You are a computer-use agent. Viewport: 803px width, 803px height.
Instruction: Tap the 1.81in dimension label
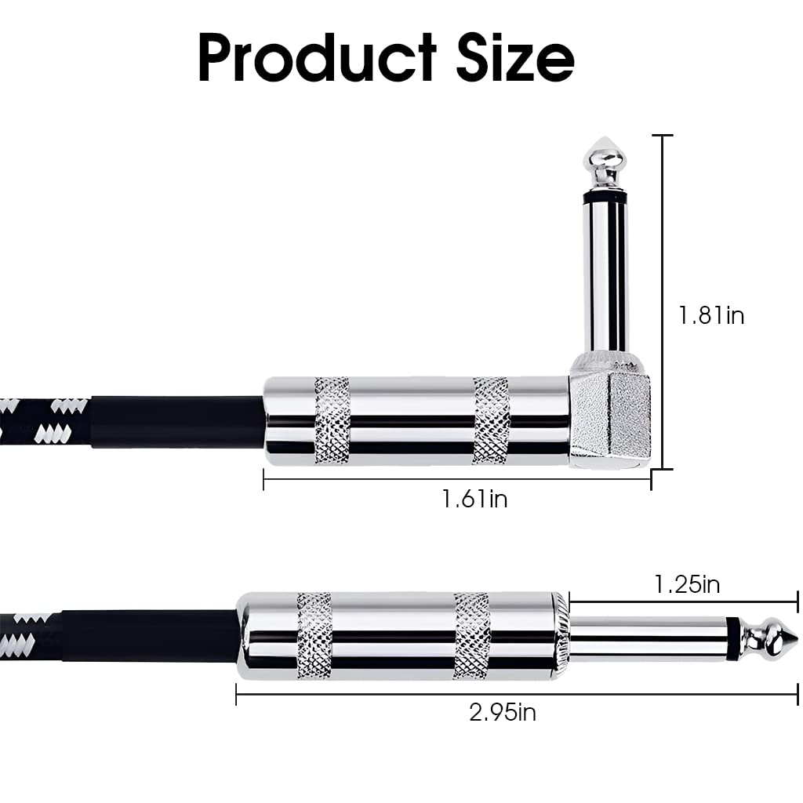(x=710, y=315)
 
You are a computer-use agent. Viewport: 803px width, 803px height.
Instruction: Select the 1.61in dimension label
(x=474, y=498)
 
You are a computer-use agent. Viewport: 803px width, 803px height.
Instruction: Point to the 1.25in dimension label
(x=687, y=584)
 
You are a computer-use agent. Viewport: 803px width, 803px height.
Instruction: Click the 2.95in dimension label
(x=503, y=712)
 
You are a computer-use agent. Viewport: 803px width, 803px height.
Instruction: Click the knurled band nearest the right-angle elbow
(x=491, y=420)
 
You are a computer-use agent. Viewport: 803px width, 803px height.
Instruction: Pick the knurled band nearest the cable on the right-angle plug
(x=332, y=420)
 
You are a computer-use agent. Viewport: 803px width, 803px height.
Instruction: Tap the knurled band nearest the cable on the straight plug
(x=314, y=635)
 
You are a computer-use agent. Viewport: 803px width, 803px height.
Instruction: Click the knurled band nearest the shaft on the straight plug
(x=472, y=635)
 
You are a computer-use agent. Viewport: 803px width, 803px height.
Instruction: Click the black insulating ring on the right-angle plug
(x=605, y=193)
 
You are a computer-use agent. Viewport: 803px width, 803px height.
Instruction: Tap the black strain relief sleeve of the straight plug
(x=149, y=635)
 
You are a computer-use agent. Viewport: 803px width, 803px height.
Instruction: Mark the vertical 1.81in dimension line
(x=663, y=235)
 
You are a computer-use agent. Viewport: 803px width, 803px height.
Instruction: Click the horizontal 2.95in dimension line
(x=353, y=693)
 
